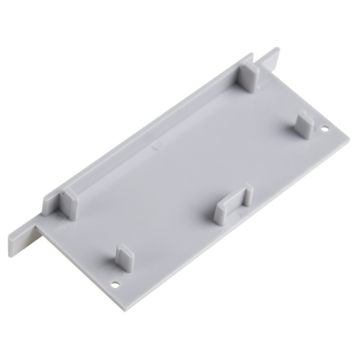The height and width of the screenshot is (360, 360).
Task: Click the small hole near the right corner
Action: pyautogui.click(x=325, y=129)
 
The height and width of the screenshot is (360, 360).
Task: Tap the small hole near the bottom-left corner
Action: pyautogui.click(x=115, y=285)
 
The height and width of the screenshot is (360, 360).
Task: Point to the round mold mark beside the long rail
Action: pyautogui.click(x=158, y=145)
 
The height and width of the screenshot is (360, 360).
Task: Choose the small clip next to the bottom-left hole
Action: pyautogui.click(x=124, y=257)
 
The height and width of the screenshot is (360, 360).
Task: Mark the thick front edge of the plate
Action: pyautogui.click(x=236, y=231)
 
